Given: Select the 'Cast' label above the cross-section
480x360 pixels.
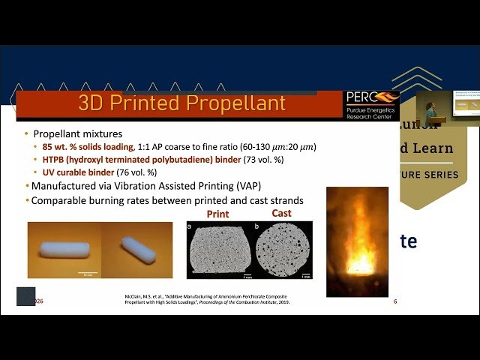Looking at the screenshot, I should pyautogui.click(x=281, y=213).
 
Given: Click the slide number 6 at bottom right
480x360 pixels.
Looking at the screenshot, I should pyautogui.click(x=395, y=301).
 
